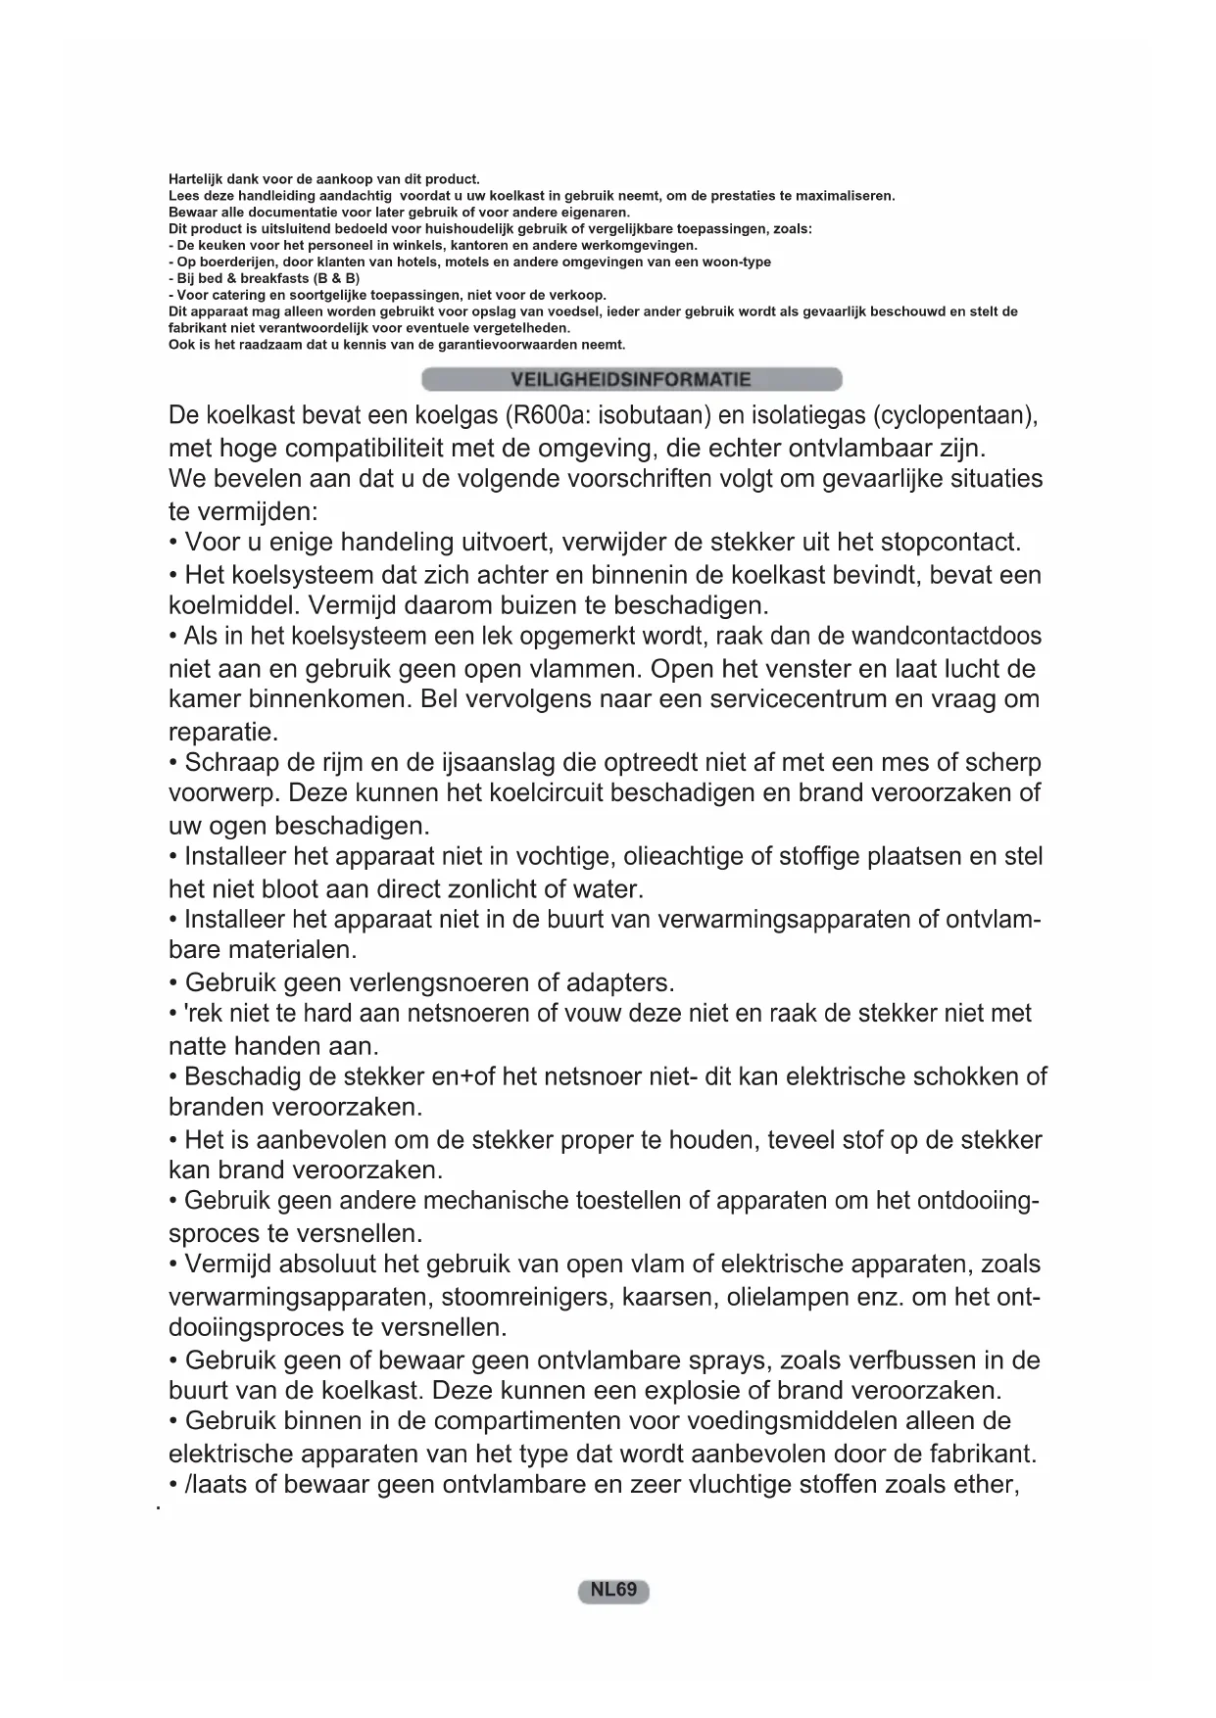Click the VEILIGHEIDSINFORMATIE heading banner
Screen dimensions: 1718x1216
pyautogui.click(x=631, y=380)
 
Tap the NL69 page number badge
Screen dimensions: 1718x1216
pyautogui.click(x=614, y=1590)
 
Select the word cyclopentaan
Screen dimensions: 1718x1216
pyautogui.click(x=949, y=415)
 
